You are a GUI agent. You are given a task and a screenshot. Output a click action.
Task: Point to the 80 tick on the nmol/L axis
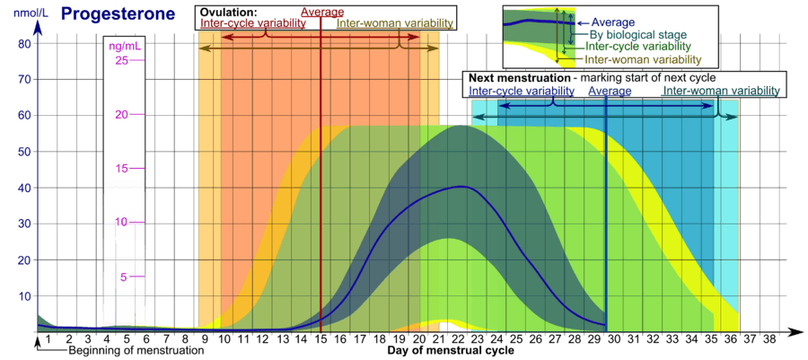pyautogui.click(x=25, y=43)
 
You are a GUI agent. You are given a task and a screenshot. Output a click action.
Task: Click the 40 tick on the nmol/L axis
pyautogui.click(x=25, y=188)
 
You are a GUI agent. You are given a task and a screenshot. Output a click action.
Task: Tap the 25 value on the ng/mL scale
pyautogui.click(x=123, y=61)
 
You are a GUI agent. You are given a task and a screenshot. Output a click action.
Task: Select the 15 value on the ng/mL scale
pyautogui.click(x=123, y=169)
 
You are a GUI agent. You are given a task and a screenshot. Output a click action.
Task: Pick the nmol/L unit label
pyautogui.click(x=30, y=15)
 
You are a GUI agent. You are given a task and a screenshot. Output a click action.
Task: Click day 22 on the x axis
pyautogui.click(x=459, y=339)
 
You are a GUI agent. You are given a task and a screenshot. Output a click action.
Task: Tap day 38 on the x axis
pyautogui.click(x=769, y=339)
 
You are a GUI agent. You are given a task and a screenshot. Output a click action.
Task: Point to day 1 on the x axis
pyautogui.click(x=48, y=339)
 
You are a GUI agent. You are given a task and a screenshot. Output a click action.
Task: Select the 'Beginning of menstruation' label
pyautogui.click(x=135, y=352)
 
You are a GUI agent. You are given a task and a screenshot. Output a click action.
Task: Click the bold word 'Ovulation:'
pyautogui.click(x=229, y=12)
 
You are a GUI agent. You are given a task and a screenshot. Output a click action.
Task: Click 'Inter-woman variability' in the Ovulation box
pyautogui.click(x=396, y=23)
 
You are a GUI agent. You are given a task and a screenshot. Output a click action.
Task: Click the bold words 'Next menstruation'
pyautogui.click(x=516, y=78)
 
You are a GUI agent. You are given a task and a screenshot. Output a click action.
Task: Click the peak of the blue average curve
pyautogui.click(x=461, y=186)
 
